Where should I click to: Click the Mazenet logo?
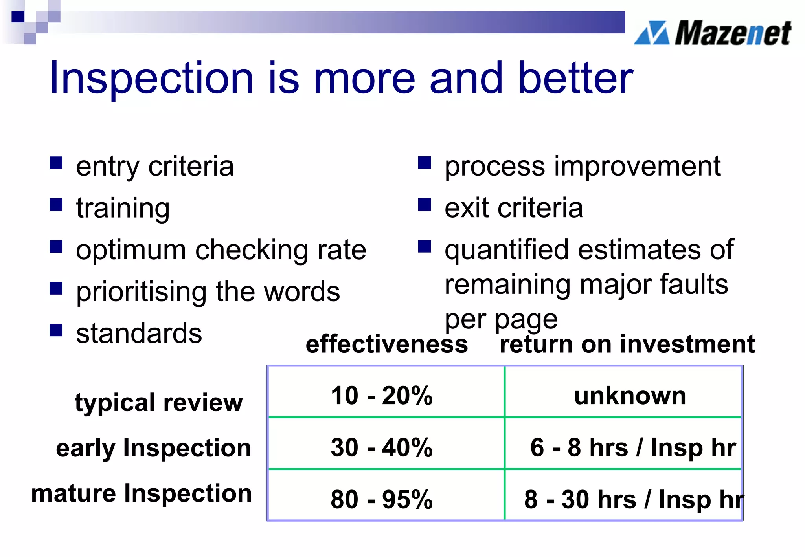tap(712, 33)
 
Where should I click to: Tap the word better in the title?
tap(575, 79)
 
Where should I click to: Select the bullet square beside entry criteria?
tap(56, 163)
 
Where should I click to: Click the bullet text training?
tap(123, 208)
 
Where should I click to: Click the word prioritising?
tap(141, 292)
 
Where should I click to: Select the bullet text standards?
tap(139, 333)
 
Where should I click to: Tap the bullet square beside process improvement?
tap(425, 163)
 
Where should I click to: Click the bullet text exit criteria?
tap(513, 208)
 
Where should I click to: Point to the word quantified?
tap(506, 250)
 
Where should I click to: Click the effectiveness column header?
tap(387, 344)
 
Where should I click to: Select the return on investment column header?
tap(627, 344)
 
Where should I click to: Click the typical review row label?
tap(159, 403)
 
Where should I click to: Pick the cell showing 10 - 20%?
tap(382, 395)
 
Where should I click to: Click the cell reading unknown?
tap(630, 396)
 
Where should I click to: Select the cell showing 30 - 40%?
tap(382, 447)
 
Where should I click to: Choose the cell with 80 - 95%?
tap(382, 500)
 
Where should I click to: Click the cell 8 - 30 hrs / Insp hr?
tap(633, 500)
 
